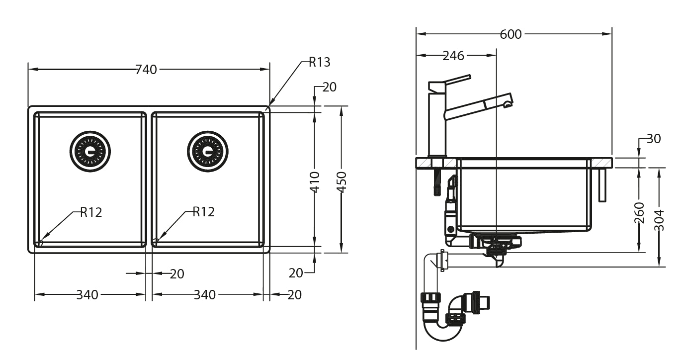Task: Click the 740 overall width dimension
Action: pyautogui.click(x=146, y=70)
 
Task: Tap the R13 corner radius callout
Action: pyautogui.click(x=319, y=62)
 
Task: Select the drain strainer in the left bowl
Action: pyautogui.click(x=90, y=151)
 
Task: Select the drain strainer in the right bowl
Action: pyautogui.click(x=208, y=151)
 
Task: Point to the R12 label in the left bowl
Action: pyautogui.click(x=91, y=212)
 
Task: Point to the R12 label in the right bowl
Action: pyautogui.click(x=203, y=212)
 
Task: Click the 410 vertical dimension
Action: pyautogui.click(x=315, y=182)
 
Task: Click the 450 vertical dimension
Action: pyautogui.click(x=341, y=182)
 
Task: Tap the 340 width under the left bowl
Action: pyautogui.click(x=87, y=295)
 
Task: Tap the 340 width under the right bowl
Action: pyautogui.click(x=205, y=295)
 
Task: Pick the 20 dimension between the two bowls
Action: pyautogui.click(x=177, y=274)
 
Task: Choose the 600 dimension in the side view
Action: pyautogui.click(x=511, y=34)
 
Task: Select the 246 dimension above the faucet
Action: pyautogui.click(x=453, y=56)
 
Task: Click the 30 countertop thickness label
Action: pyautogui.click(x=654, y=139)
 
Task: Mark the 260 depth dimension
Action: pyautogui.click(x=640, y=212)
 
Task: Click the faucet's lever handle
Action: pyautogui.click(x=456, y=80)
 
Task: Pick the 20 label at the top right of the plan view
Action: pyautogui.click(x=329, y=87)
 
